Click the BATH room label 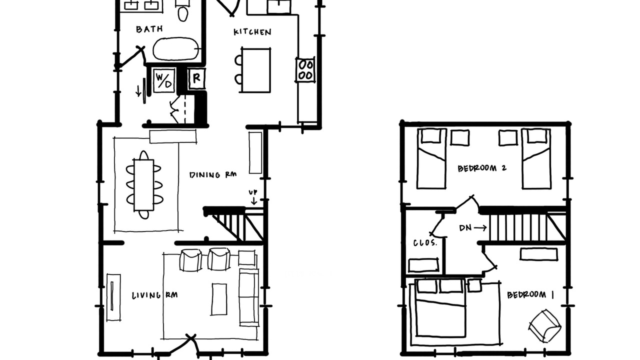pos(149,29)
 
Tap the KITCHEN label pos(252,32)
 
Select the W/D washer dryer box pos(164,80)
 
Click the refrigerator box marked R pos(197,78)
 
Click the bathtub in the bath pos(175,49)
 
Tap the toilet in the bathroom pos(183,11)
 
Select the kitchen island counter pos(255,70)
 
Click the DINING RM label pos(213,174)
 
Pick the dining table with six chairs pos(144,185)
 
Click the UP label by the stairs pos(253,192)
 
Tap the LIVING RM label pos(155,295)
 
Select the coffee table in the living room pos(219,299)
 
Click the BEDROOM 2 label pos(482,168)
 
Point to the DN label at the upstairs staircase pos(465,227)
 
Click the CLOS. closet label pos(425,243)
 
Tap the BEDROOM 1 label pos(530,295)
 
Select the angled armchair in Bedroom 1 pos(545,325)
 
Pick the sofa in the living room pos(249,296)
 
